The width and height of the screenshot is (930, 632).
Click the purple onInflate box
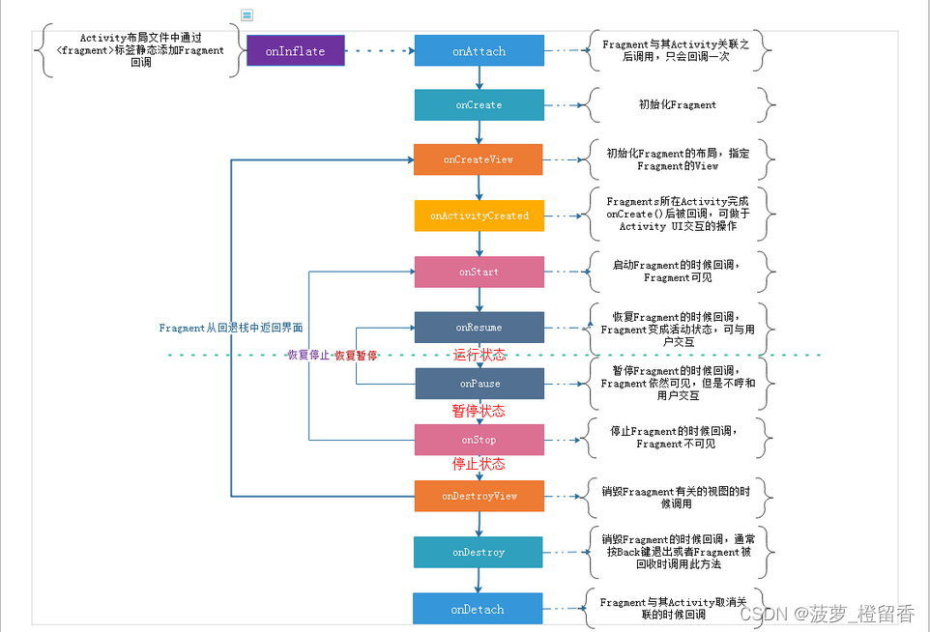point(295,51)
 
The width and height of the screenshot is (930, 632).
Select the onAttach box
point(479,51)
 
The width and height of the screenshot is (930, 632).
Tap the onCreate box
point(479,104)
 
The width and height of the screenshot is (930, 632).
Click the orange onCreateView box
point(479,159)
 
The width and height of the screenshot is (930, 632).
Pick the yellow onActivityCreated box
point(479,215)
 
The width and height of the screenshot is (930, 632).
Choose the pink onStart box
point(479,272)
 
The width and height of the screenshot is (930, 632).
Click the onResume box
point(479,328)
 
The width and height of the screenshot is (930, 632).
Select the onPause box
point(479,384)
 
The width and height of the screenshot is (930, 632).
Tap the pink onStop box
point(479,440)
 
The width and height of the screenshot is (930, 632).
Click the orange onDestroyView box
point(479,496)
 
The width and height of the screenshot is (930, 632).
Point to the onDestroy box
point(479,552)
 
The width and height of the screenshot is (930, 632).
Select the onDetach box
point(478,609)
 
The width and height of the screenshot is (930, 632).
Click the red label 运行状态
point(480,355)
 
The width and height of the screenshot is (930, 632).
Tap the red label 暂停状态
point(479,411)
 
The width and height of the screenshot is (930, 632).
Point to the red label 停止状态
point(479,464)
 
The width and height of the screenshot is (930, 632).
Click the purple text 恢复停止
point(306,356)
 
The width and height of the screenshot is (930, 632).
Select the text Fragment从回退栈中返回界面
point(231,329)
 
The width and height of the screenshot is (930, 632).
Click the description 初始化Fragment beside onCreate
point(677,104)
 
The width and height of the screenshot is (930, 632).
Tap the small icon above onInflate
point(247,15)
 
